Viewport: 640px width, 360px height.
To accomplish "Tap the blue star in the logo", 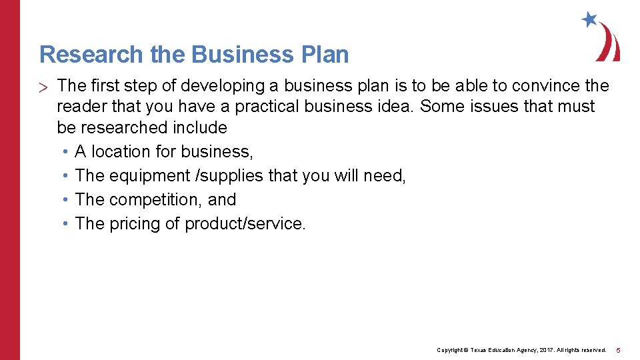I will pyautogui.click(x=589, y=19).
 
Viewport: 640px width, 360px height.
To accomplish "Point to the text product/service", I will pyautogui.click(x=245, y=223).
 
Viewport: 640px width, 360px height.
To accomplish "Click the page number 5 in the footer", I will pyautogui.click(x=618, y=350).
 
